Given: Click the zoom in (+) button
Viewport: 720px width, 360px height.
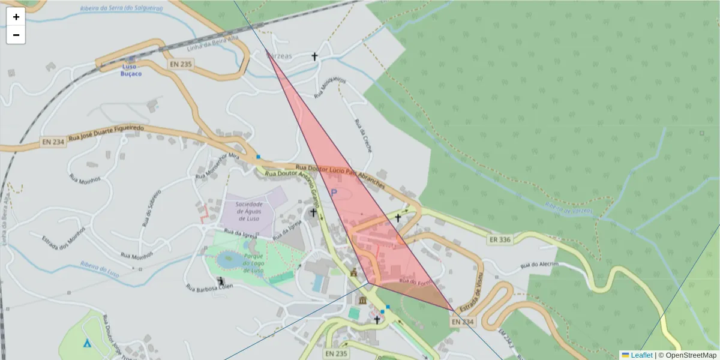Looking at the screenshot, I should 16,17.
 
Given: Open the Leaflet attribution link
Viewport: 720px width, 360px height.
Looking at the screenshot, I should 641,355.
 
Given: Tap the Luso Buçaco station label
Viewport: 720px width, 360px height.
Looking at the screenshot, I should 131,69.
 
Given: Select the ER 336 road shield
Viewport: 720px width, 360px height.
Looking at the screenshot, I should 500,240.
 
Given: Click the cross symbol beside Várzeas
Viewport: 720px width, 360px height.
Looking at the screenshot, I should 314,56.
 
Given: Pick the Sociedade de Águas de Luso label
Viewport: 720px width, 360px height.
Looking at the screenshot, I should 248,211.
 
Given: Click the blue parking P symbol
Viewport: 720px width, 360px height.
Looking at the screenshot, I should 334,193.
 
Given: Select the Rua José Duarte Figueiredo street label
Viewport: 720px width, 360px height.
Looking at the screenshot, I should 106,133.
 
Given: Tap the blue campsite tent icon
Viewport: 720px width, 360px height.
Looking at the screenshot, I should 87,343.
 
